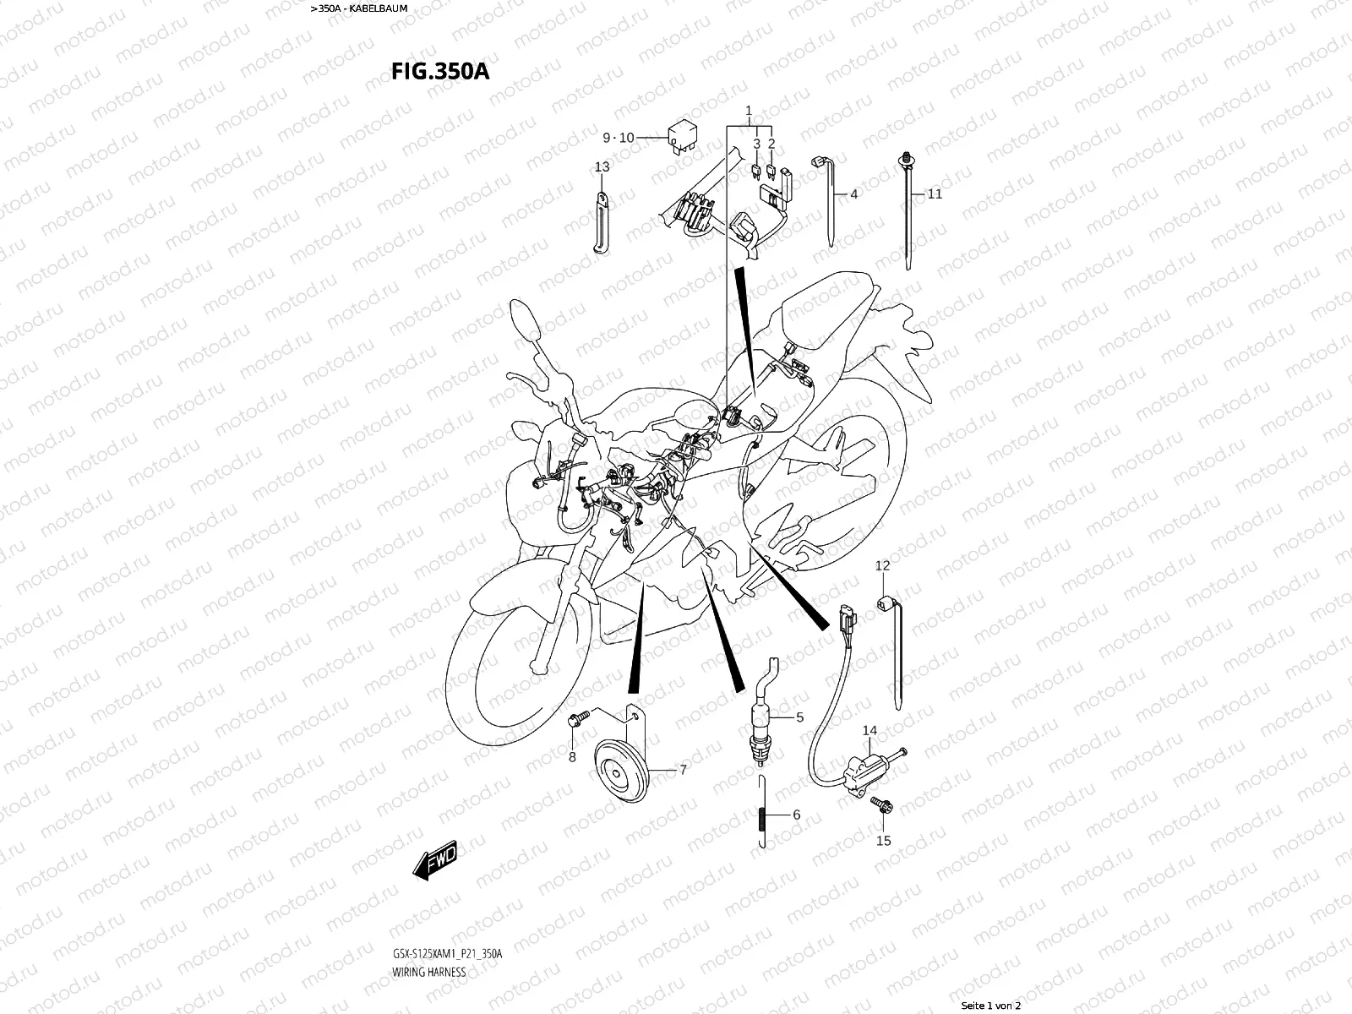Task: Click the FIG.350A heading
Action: tap(439, 71)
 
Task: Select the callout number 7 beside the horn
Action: tap(683, 770)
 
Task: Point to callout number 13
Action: tap(602, 167)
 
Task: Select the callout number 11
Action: tap(935, 194)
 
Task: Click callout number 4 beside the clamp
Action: tap(853, 194)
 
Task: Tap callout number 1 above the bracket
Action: tap(748, 112)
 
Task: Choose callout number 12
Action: tap(882, 565)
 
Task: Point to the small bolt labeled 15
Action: tap(885, 808)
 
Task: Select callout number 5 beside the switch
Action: tap(799, 718)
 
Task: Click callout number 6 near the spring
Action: tap(796, 815)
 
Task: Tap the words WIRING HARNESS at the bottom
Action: tap(428, 972)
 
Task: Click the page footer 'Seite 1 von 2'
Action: tap(991, 1006)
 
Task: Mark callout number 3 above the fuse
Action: tap(757, 144)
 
